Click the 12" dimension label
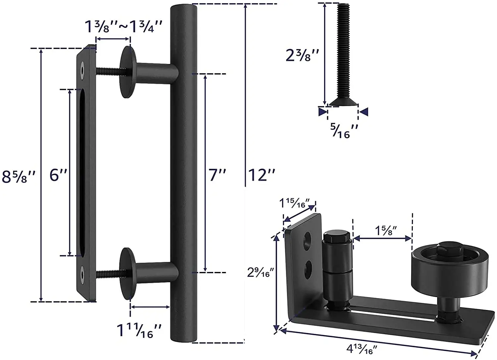[x=262, y=175]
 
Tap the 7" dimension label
[x=217, y=175]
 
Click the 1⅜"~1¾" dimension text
[x=124, y=26]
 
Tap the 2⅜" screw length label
[x=302, y=55]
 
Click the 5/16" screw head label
[x=344, y=131]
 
